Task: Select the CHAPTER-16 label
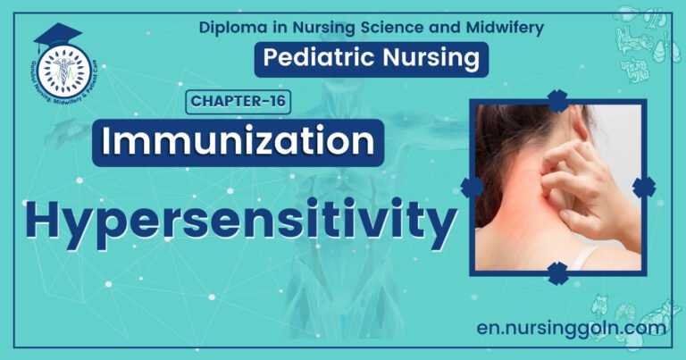[x=238, y=101]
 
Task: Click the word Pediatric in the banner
[x=323, y=59]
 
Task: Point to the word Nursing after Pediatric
[x=432, y=59]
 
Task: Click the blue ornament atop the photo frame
[x=558, y=100]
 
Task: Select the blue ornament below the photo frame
[x=558, y=272]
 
